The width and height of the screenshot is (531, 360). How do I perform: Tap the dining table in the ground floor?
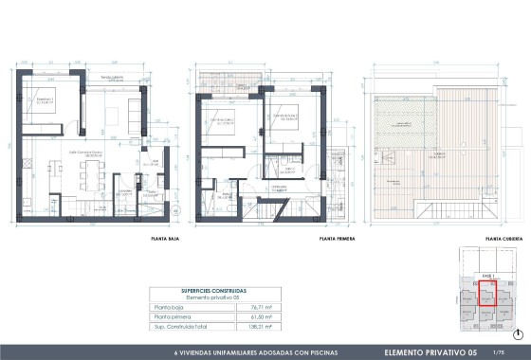[x=92, y=173]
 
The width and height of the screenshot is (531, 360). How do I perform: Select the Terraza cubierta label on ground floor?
[x=112, y=79]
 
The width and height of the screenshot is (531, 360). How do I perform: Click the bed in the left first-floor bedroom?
[x=219, y=128]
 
